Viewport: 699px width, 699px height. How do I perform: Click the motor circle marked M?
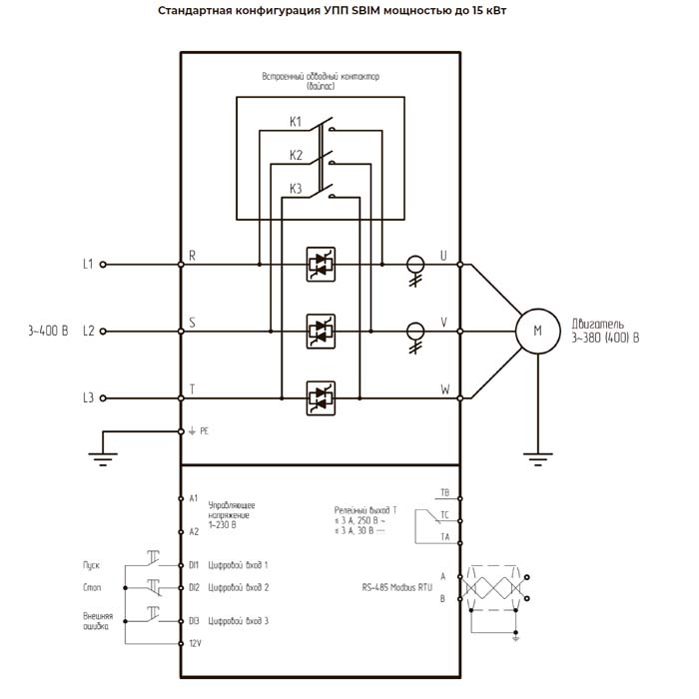click(538, 330)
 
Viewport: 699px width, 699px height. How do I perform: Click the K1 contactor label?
click(296, 122)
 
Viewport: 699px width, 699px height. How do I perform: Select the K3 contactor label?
click(296, 189)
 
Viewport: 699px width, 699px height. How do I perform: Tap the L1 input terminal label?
click(88, 265)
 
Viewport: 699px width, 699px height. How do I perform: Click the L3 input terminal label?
click(88, 397)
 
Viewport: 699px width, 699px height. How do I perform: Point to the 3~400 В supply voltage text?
click(48, 331)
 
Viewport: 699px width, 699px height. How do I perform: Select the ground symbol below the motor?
click(538, 457)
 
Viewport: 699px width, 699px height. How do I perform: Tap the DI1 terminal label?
click(195, 565)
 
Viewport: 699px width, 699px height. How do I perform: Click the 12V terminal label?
click(195, 644)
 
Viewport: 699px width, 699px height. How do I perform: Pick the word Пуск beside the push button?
click(91, 565)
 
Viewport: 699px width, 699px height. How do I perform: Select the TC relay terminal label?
click(444, 514)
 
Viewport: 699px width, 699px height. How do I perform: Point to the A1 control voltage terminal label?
click(194, 497)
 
